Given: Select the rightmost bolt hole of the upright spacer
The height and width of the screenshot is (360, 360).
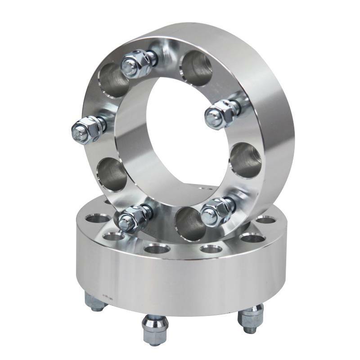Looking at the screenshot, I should tap(245, 160).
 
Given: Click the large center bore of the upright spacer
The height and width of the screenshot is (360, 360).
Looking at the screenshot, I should tap(180, 135).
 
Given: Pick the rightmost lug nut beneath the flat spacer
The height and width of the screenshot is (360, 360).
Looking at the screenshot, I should tap(250, 317).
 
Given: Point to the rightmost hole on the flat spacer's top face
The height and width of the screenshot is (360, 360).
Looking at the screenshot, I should tap(265, 220).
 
